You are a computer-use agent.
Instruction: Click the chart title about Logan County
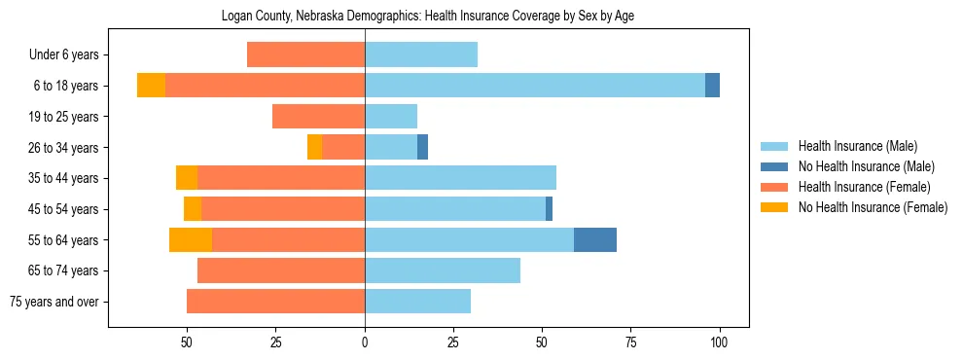click(x=427, y=17)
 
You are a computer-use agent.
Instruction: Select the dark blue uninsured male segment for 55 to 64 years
click(x=594, y=240)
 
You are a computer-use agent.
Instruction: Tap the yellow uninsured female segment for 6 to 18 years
click(x=151, y=86)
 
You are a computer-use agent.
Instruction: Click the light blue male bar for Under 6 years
click(x=421, y=54)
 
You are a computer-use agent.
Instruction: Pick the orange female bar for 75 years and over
click(x=275, y=302)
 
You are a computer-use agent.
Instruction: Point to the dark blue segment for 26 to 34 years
click(x=422, y=147)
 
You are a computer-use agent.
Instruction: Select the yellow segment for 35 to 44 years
click(x=187, y=178)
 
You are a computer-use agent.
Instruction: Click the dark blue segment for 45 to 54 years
click(x=549, y=209)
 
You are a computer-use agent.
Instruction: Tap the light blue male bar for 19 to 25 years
click(x=391, y=117)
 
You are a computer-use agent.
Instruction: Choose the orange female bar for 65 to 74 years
click(x=281, y=270)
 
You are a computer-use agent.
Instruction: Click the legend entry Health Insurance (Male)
click(x=857, y=146)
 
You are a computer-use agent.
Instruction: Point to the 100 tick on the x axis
click(x=720, y=342)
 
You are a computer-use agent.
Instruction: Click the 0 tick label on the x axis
click(x=365, y=342)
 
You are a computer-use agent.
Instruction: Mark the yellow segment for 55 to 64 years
click(x=191, y=240)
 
